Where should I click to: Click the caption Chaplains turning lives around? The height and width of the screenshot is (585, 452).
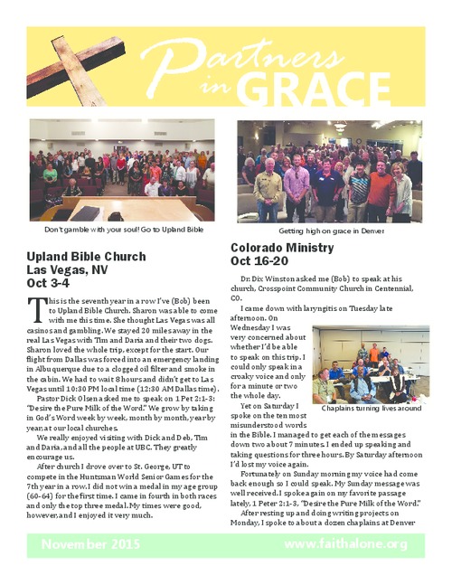371,408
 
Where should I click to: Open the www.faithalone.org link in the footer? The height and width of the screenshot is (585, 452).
345,543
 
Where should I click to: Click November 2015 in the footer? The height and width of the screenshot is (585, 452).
97,543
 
